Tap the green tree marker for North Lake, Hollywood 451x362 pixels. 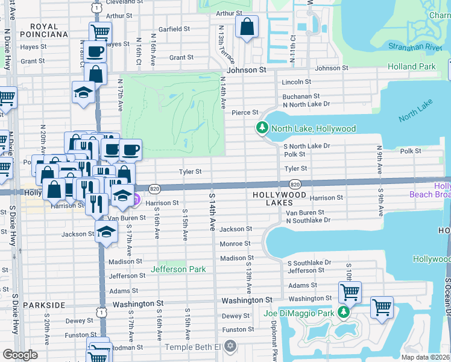[x=262, y=129]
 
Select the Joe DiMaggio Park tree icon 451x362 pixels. [x=343, y=312]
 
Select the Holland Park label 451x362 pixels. [x=411, y=66]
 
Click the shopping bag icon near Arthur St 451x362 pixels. [x=247, y=27]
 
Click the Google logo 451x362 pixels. [x=20, y=355]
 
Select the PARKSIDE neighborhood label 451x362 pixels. [x=43, y=305]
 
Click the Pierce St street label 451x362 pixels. [x=245, y=112]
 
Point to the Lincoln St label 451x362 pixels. [x=297, y=81]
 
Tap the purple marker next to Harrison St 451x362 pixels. [x=136, y=199]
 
